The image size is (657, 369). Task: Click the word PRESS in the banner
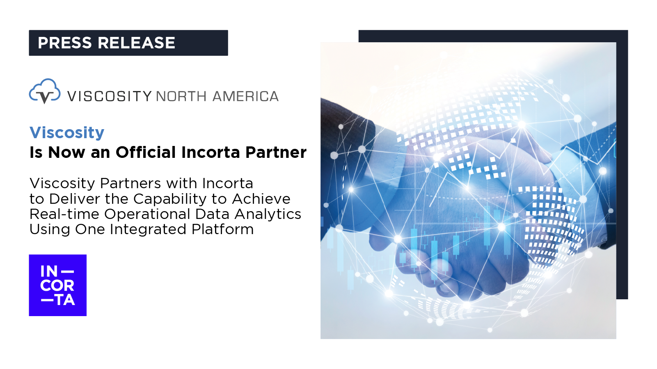(65, 43)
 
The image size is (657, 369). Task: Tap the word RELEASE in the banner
(136, 43)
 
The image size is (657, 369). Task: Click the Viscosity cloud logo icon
(45, 91)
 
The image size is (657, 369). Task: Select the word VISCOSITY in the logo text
(110, 96)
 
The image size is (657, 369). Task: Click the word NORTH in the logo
(181, 96)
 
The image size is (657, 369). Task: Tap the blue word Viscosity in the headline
(67, 133)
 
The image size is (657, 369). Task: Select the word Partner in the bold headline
(276, 152)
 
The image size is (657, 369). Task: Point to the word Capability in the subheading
(170, 199)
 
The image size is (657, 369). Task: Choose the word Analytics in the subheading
(268, 214)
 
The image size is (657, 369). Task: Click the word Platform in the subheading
(222, 229)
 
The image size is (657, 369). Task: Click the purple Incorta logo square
(58, 285)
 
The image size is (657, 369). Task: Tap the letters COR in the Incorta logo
(57, 285)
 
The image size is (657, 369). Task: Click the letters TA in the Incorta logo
(65, 300)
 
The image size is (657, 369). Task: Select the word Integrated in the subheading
(148, 230)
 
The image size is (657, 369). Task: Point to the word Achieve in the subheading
(261, 199)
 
